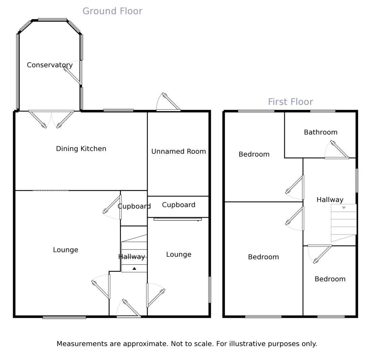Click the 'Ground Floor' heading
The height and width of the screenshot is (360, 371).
112,11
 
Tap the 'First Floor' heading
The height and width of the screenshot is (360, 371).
290,102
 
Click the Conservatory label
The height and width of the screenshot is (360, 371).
50,65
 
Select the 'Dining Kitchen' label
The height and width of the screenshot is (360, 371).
81,149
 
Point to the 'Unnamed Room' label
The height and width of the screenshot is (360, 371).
179,152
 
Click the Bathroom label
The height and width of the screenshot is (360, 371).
321,132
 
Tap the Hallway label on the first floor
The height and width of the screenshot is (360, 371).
330,200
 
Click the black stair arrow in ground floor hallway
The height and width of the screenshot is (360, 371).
134,268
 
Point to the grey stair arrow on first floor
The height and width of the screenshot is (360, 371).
344,207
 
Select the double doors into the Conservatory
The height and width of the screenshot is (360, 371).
52,119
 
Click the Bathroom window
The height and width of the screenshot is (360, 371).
323,111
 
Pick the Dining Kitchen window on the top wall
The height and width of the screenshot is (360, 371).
119,110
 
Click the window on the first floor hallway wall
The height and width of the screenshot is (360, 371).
357,181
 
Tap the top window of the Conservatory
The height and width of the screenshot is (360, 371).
52,20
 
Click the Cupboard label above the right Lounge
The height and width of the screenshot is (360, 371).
179,205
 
